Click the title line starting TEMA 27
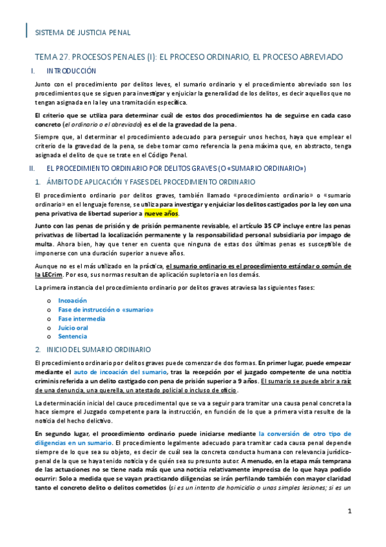tap(189, 57)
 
